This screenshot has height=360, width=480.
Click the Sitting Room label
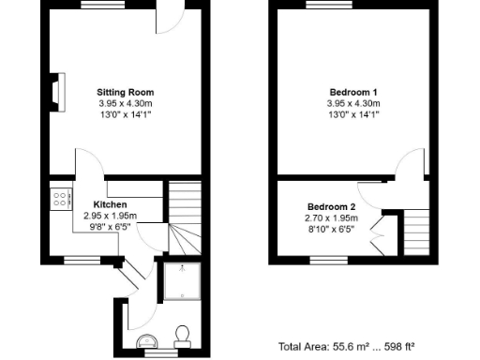pos(126,92)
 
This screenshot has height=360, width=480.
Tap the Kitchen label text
pos(110,204)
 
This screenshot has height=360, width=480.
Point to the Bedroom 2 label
pos(332,206)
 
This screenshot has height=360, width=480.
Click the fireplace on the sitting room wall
pos(57,91)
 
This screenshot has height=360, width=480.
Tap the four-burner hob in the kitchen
pos(59,199)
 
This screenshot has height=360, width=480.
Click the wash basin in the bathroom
pos(145,340)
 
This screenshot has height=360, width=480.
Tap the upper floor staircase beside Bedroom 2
pos(416,234)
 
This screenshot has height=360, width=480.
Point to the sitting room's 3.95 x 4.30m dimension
pos(126,102)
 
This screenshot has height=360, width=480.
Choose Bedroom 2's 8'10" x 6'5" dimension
pos(332,227)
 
